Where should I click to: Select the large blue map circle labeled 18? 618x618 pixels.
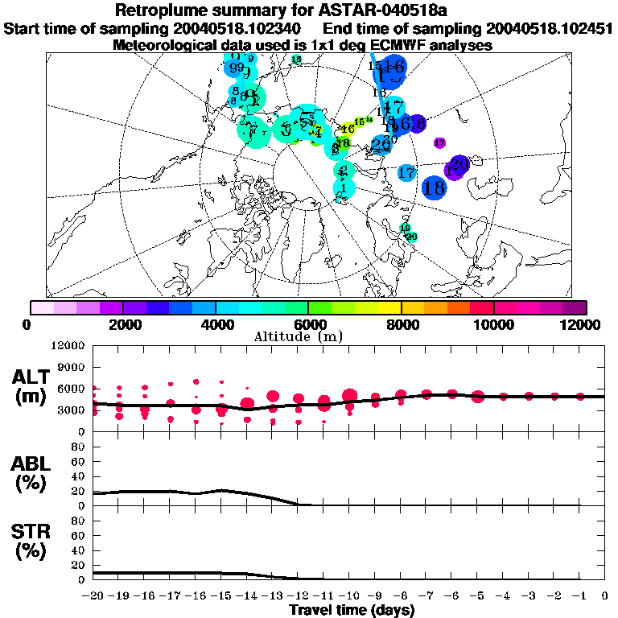coord(435,188)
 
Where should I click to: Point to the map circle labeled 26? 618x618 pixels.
coord(381,145)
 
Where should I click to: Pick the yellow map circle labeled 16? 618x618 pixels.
coord(348,129)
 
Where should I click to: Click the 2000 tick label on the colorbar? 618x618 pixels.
coord(122,324)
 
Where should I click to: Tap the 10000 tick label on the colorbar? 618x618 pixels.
coord(493,324)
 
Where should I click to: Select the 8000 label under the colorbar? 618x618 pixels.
coord(401,324)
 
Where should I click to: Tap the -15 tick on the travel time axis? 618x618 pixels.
coord(221,596)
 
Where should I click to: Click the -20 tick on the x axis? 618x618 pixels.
coord(93,596)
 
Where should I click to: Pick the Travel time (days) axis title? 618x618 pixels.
coord(352,610)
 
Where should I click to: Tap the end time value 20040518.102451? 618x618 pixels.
coord(549,28)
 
